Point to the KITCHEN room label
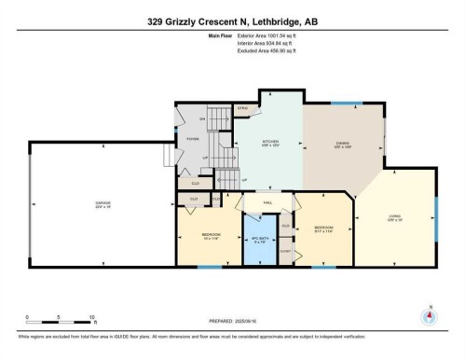(x=270, y=144)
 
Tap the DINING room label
(x=342, y=145)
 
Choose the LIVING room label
(x=394, y=217)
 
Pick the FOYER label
(x=193, y=138)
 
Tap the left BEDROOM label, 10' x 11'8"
(x=212, y=235)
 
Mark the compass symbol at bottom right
(x=430, y=315)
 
